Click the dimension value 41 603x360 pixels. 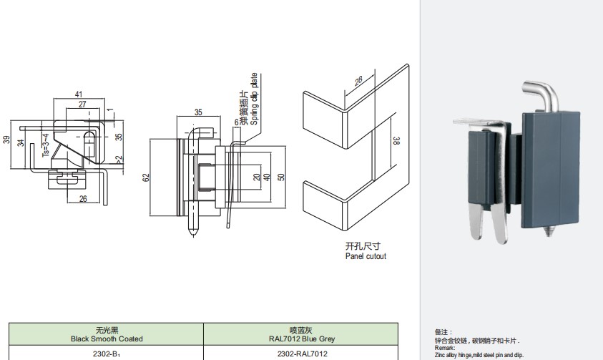tap(79, 94)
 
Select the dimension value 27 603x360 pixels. tap(82, 104)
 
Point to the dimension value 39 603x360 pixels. tap(6, 140)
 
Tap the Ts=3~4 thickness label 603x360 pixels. tap(45, 145)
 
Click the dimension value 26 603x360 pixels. tap(83, 199)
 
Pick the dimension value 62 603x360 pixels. tap(146, 177)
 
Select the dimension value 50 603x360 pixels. tap(281, 177)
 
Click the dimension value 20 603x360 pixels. tap(257, 177)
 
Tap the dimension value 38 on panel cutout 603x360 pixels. tap(396, 141)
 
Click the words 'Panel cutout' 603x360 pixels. tap(366, 256)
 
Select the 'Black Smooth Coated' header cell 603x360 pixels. tap(107, 334)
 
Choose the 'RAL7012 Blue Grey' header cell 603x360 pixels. tap(302, 334)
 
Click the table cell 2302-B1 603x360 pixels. tap(107, 354)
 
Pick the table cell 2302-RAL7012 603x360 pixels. tap(302, 354)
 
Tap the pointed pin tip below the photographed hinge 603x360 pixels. tap(550, 233)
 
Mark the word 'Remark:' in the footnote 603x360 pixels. tap(445, 348)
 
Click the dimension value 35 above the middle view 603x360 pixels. tap(198, 112)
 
